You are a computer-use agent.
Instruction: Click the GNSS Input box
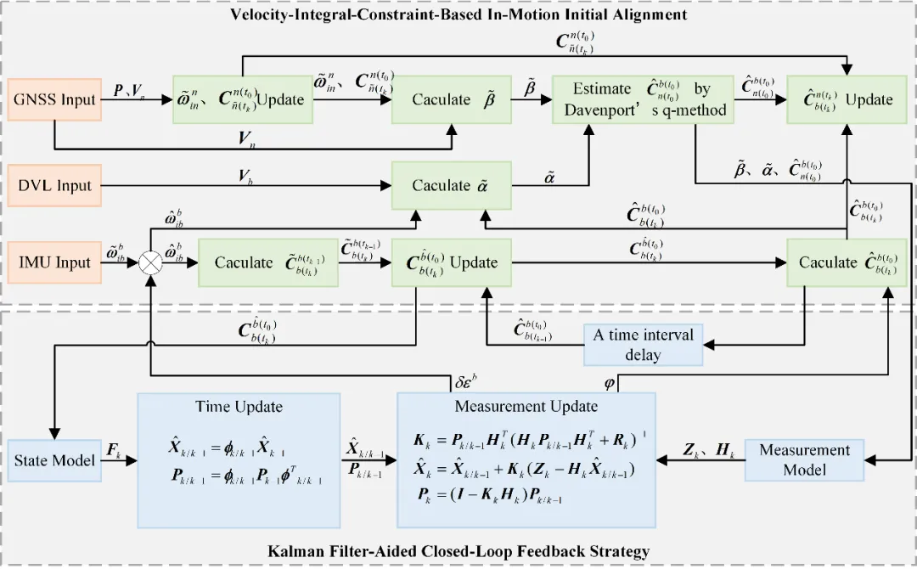53,100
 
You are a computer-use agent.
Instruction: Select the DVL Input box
53,185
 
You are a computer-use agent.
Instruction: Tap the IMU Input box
53,262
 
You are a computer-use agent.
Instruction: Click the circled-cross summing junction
149,263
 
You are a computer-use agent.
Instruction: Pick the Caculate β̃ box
452,100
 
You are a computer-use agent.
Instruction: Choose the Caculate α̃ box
452,185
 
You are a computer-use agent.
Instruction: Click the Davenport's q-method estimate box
641,100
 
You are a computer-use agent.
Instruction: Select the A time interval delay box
643,345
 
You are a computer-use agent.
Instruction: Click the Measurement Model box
804,459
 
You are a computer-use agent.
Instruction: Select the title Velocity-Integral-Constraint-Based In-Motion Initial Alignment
458,14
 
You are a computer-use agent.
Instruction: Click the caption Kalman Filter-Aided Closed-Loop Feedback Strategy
458,552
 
